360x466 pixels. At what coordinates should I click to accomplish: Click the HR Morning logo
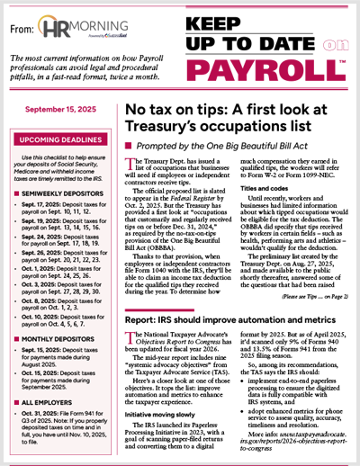pos(83,31)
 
